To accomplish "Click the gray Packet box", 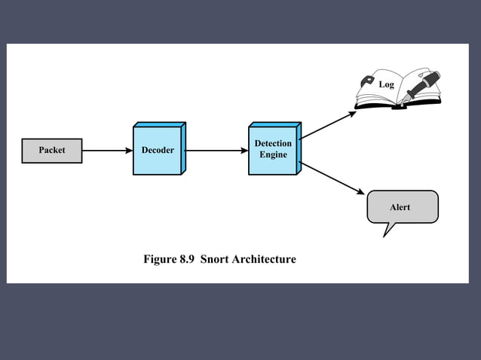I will click(51, 151).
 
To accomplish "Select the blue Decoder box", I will click(158, 151).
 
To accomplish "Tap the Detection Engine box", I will click(273, 150).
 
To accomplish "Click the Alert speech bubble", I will click(402, 206).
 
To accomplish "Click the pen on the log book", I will click(423, 85).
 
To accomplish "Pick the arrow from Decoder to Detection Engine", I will click(216, 151).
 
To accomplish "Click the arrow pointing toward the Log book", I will click(329, 125).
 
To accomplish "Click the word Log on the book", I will click(386, 85).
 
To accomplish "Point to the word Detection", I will click(273, 144).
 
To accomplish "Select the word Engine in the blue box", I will click(273, 155).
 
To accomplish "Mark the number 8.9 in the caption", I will click(188, 260).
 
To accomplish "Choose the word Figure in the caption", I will click(160, 260).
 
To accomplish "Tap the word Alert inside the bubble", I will click(400, 207).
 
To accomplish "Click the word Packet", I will click(51, 151).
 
